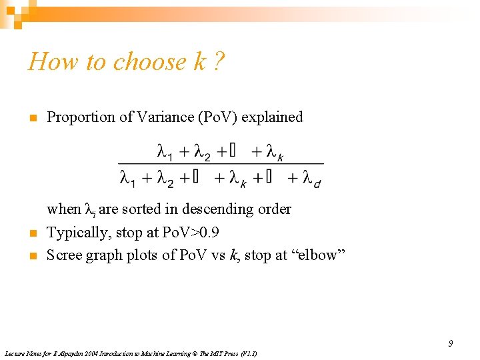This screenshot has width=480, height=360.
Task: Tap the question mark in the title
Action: tap(219, 61)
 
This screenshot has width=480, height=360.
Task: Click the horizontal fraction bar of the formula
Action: tap(221, 164)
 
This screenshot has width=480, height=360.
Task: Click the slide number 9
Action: tap(450, 343)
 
